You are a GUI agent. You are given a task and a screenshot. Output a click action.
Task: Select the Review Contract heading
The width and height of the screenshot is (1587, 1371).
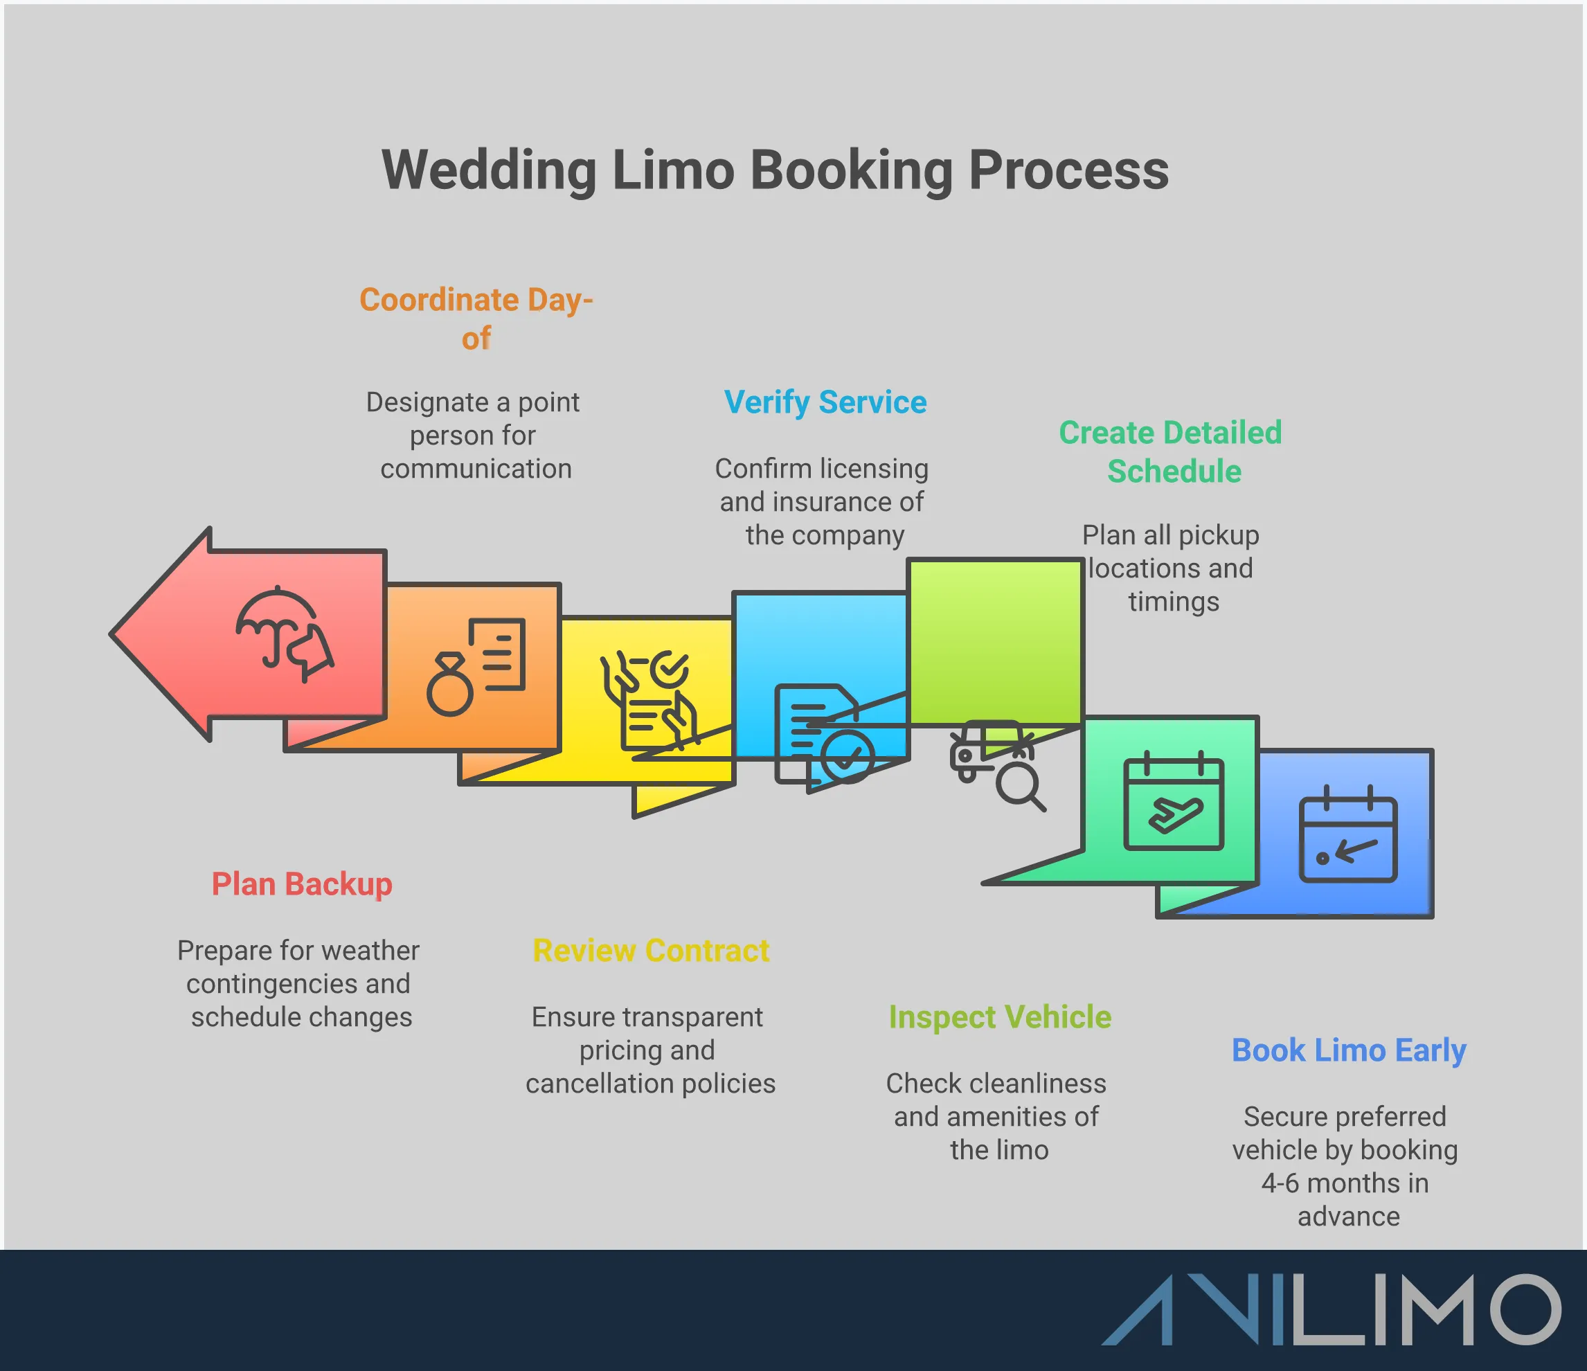(651, 951)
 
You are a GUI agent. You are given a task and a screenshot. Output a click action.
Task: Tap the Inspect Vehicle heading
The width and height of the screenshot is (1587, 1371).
(1000, 1017)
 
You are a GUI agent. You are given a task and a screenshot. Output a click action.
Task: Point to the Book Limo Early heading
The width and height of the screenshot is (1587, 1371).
(1348, 1050)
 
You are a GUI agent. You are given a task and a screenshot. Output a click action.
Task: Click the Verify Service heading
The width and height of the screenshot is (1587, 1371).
(825, 402)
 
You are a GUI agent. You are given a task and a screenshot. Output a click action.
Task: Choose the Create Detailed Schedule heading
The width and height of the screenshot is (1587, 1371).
(1170, 452)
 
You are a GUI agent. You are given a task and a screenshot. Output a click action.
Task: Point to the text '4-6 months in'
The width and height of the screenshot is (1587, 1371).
(1345, 1183)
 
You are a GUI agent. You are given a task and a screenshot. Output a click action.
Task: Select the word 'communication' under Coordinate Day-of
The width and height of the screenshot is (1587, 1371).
(476, 469)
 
